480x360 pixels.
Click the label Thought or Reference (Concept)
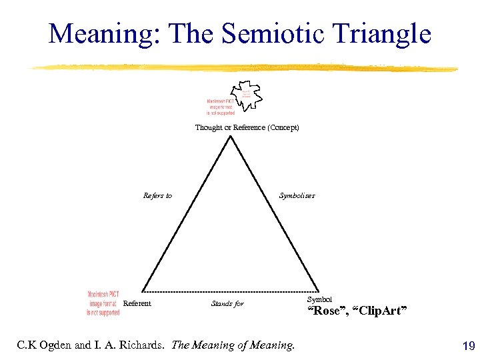click(247, 127)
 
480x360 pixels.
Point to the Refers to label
click(157, 196)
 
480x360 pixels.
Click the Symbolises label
click(297, 196)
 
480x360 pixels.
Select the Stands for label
click(227, 304)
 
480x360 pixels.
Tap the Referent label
click(137, 304)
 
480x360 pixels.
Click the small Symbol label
click(319, 300)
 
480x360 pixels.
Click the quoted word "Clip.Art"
click(379, 311)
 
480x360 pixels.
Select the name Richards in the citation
click(141, 345)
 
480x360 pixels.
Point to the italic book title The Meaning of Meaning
click(233, 345)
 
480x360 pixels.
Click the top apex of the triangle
click(230, 137)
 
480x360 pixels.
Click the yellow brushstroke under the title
click(243, 68)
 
